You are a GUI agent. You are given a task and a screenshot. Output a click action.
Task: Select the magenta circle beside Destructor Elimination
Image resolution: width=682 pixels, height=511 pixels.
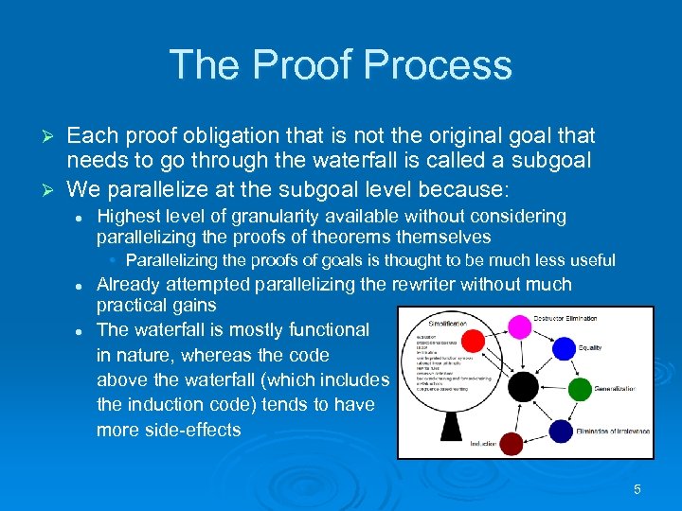pyautogui.click(x=519, y=327)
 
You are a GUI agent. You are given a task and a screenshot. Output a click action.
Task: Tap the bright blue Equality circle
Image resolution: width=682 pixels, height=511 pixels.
pyautogui.click(x=564, y=349)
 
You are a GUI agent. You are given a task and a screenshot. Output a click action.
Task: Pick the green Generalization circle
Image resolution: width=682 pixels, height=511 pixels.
pyautogui.click(x=580, y=389)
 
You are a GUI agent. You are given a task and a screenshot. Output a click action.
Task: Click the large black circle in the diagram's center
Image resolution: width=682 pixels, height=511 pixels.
pyautogui.click(x=522, y=385)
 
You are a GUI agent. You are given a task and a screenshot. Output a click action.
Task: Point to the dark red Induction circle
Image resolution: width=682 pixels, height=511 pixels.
pyautogui.click(x=511, y=443)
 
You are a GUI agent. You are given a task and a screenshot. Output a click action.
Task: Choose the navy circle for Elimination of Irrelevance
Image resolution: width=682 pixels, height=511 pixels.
pyautogui.click(x=564, y=430)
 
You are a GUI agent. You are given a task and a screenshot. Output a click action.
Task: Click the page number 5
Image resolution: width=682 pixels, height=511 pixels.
pyautogui.click(x=637, y=489)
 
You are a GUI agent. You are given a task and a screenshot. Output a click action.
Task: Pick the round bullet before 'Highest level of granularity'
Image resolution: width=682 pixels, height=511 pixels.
pyautogui.click(x=81, y=218)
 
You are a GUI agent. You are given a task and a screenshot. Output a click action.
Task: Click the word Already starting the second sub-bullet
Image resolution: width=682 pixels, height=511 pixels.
pyautogui.click(x=131, y=284)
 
